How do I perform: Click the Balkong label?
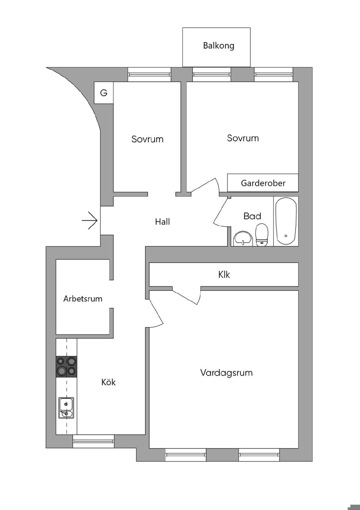(218, 46)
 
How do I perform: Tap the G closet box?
(104, 93)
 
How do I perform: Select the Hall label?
(162, 222)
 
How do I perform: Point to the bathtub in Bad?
(286, 221)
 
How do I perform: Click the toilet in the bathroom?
(261, 235)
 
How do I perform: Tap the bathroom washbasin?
(243, 238)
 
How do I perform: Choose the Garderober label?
(263, 183)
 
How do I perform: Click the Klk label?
(224, 274)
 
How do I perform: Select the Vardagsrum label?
(226, 373)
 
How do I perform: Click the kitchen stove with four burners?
(66, 366)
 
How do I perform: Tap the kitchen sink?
(66, 408)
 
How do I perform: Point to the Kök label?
(108, 382)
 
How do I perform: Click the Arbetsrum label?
(83, 299)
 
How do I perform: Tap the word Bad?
(252, 216)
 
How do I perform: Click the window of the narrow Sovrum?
(149, 75)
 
